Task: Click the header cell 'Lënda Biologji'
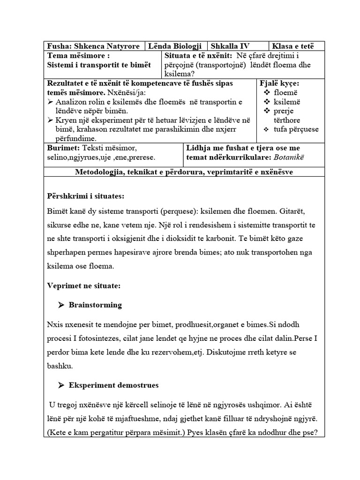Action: point(175,46)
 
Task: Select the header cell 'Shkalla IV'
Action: point(230,46)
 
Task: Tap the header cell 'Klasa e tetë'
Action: point(294,46)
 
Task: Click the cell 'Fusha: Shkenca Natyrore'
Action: point(93,46)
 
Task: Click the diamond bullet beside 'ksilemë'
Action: point(267,102)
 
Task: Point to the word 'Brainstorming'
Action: point(95,305)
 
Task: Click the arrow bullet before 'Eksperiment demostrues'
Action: point(61,385)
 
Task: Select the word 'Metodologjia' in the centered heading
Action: point(99,172)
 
